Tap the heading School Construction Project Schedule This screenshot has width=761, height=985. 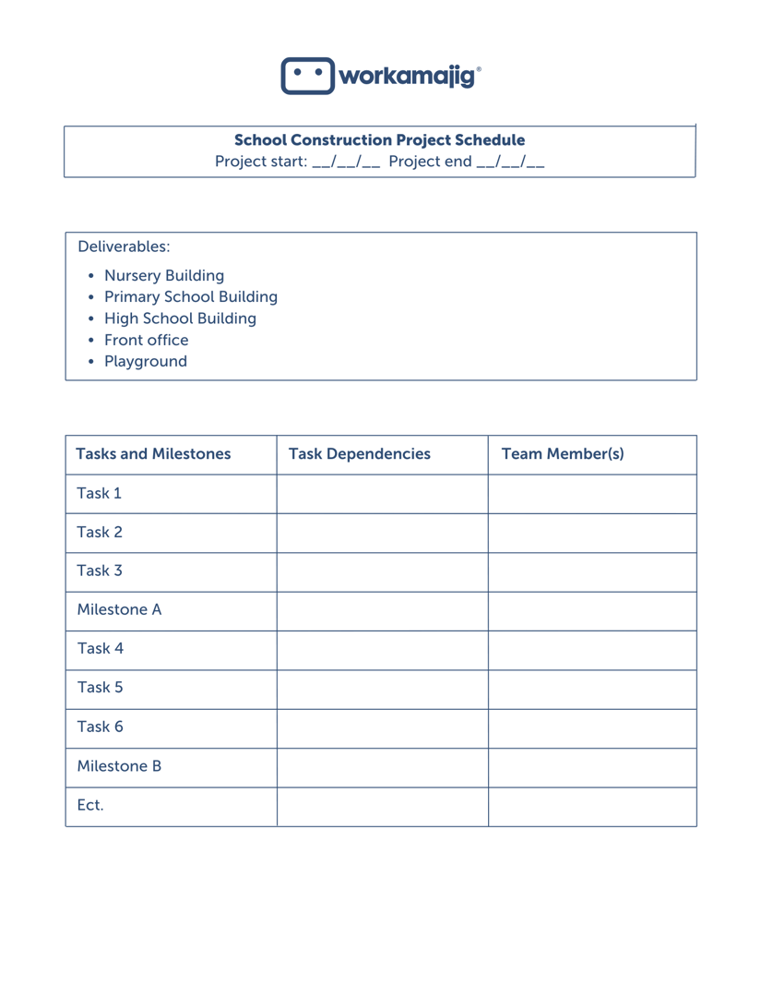point(379,140)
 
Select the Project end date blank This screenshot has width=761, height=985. point(510,162)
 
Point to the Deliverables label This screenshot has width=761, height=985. point(124,246)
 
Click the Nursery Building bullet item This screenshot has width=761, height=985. point(163,275)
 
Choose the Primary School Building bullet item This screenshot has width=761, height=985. point(190,296)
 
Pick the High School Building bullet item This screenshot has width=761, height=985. point(180,318)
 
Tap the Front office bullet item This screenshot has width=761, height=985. point(146,340)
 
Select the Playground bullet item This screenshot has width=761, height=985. point(145,361)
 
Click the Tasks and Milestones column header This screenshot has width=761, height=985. point(153,454)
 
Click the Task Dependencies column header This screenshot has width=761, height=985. point(360,454)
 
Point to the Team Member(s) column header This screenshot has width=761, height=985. point(562,454)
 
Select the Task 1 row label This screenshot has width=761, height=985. point(99,493)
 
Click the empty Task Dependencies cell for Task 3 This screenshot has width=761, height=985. point(382,571)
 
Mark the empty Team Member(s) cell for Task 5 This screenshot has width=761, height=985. point(592,689)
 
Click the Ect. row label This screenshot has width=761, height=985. point(89,805)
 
